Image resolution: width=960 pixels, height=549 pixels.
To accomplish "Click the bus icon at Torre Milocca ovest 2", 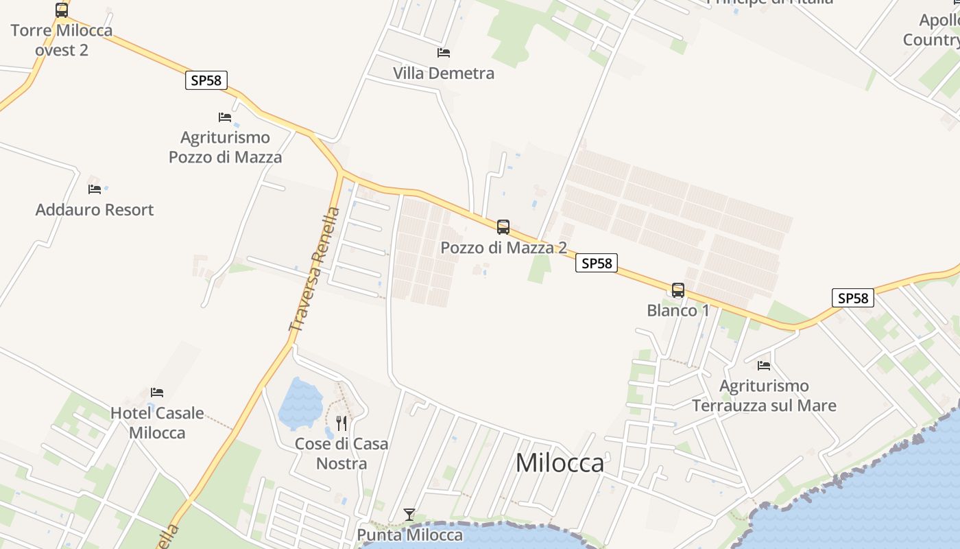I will click(x=62, y=10).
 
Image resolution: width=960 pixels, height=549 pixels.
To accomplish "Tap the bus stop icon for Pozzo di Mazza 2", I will click(x=503, y=227).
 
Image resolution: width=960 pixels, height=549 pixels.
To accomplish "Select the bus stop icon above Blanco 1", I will click(x=678, y=290).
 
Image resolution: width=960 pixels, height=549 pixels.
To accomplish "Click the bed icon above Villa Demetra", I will click(x=444, y=52).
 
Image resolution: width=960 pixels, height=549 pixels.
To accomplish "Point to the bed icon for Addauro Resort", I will click(x=95, y=189).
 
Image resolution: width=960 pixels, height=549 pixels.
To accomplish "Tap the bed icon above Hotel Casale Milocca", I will click(x=157, y=393).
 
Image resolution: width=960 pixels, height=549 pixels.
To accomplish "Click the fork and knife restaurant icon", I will click(x=341, y=423).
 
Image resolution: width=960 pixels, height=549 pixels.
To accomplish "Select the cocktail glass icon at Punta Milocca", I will click(x=409, y=514).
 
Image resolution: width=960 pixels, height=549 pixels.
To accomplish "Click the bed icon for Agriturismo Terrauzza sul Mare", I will click(x=764, y=365).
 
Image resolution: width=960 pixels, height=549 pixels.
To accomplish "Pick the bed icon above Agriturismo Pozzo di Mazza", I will click(x=225, y=117).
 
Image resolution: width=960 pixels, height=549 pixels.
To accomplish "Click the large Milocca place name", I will click(x=560, y=463).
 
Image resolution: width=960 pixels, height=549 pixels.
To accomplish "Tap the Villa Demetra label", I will click(x=444, y=73).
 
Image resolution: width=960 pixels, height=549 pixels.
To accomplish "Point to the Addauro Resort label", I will click(x=95, y=209).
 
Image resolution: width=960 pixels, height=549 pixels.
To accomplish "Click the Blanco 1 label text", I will click(x=678, y=310).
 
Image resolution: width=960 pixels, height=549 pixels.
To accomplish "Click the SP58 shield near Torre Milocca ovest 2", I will click(x=206, y=80).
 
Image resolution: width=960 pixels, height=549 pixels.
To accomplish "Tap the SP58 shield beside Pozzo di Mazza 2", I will click(x=597, y=263).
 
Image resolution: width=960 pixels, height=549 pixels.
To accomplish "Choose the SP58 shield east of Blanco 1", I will click(x=853, y=298).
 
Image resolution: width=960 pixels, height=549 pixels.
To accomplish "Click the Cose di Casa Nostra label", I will click(x=341, y=454).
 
